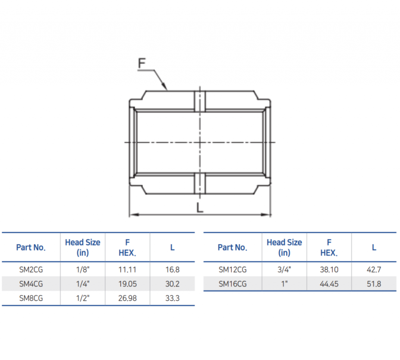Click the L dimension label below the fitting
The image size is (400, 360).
(x=200, y=207)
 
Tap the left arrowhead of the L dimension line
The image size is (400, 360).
(x=132, y=214)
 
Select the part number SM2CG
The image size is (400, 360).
(x=31, y=269)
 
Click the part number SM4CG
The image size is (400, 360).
(x=31, y=284)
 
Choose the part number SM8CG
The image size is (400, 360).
(x=31, y=298)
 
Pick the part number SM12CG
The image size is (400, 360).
(x=232, y=269)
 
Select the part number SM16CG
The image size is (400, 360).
(x=232, y=284)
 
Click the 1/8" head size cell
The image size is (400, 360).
(x=82, y=269)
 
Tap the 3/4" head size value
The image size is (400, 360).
(x=284, y=269)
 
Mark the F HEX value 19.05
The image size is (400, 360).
(x=127, y=284)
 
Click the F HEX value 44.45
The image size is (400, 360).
(x=329, y=284)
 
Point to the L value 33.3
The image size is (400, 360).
(x=172, y=298)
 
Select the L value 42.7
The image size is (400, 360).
(x=374, y=269)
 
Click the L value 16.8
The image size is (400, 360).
(x=172, y=269)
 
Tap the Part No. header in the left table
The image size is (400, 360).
(x=31, y=248)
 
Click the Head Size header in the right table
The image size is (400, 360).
(x=284, y=248)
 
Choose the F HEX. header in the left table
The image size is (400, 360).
(x=127, y=248)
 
